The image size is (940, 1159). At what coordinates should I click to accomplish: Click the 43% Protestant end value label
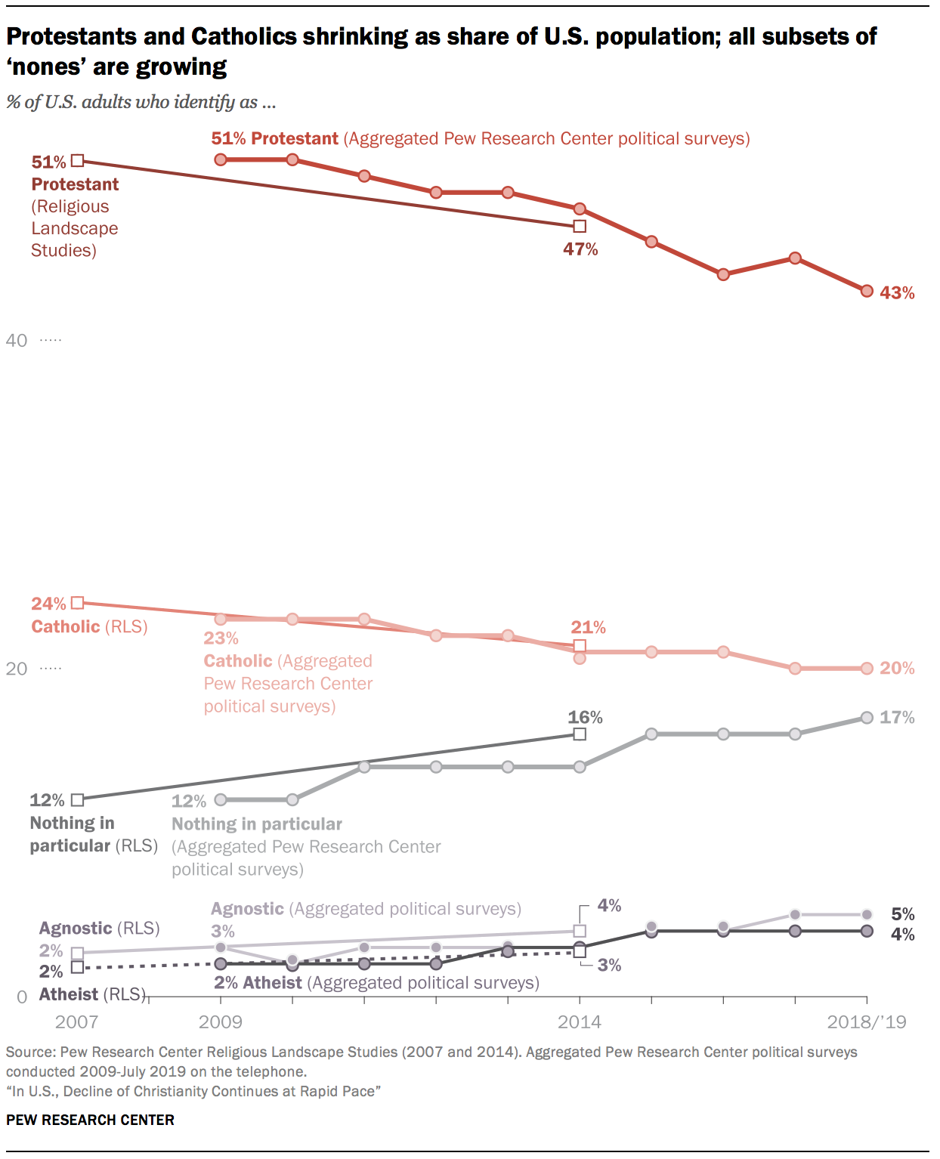(x=897, y=293)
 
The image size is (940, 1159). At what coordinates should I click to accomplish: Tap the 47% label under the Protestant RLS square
(x=580, y=249)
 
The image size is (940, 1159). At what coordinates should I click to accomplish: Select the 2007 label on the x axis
(x=76, y=1022)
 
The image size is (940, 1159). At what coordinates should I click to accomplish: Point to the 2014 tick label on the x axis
(x=580, y=1022)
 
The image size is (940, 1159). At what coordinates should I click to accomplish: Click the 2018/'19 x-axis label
(x=866, y=1022)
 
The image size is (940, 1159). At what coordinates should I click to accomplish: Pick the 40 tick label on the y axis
(x=17, y=341)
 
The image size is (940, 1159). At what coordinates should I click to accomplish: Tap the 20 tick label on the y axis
(x=17, y=669)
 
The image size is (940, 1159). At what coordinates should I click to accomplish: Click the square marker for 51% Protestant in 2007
(x=77, y=160)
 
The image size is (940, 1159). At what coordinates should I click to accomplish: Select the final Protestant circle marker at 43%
(x=867, y=291)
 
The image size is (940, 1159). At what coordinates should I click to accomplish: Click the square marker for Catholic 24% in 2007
(x=77, y=603)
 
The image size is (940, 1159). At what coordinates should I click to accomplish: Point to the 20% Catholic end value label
(x=897, y=669)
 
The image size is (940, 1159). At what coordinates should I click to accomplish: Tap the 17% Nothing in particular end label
(x=897, y=718)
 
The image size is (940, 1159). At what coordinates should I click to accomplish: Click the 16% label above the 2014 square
(x=586, y=717)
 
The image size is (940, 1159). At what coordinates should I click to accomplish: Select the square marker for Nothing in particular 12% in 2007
(x=77, y=799)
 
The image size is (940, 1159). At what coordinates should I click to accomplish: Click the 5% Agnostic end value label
(x=902, y=914)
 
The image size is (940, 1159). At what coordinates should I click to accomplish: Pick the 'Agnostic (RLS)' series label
(x=99, y=929)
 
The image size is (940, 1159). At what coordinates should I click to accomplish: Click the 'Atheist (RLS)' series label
(x=91, y=994)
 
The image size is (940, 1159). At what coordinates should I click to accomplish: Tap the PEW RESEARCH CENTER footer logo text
(x=90, y=1120)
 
